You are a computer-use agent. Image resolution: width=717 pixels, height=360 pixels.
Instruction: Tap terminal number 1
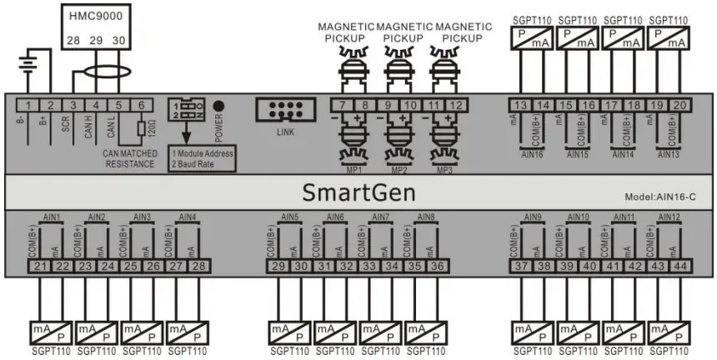(x=30, y=105)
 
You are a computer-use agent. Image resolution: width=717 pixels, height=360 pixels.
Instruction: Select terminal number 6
(x=143, y=105)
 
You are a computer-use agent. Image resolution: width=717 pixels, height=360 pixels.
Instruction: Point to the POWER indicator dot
(x=218, y=106)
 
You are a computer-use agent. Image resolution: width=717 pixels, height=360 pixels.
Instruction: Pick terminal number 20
(x=679, y=105)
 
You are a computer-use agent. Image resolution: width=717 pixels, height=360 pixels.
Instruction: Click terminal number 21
(x=41, y=265)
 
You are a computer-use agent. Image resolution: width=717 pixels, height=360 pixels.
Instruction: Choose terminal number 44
(x=679, y=265)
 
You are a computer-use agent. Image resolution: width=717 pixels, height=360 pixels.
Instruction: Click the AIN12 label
(x=669, y=217)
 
